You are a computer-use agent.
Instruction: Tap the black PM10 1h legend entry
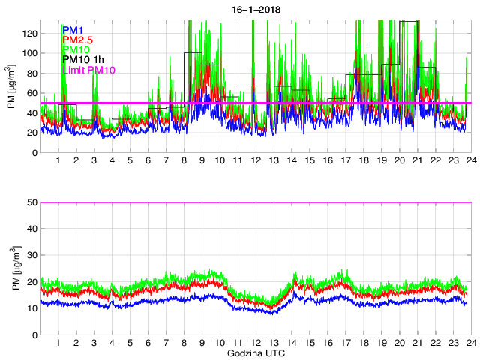pyautogui.click(x=83, y=60)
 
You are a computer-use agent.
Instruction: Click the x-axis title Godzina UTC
pyautogui.click(x=255, y=352)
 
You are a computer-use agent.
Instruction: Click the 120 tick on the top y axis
pyautogui.click(x=29, y=34)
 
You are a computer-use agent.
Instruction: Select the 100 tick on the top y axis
pyautogui.click(x=29, y=54)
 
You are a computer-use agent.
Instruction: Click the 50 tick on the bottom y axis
pyautogui.click(x=31, y=202)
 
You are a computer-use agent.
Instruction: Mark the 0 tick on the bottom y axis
pyautogui.click(x=34, y=334)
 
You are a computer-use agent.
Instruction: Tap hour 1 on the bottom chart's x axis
pyautogui.click(x=58, y=343)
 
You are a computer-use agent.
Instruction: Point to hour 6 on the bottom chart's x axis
pyautogui.click(x=148, y=343)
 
